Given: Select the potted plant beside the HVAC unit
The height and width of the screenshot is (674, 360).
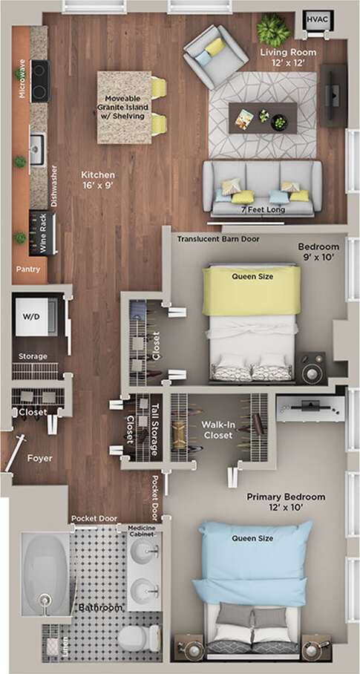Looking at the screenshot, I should [x=272, y=30].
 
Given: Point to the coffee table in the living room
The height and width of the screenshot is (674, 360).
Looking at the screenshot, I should [x=263, y=117].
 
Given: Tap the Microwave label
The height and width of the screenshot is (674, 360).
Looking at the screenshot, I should [x=20, y=73].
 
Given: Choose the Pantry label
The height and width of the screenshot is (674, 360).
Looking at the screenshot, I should [x=27, y=269].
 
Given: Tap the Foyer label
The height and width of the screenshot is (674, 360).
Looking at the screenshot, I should [x=39, y=458].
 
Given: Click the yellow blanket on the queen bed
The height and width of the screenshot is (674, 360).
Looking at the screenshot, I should [x=252, y=290].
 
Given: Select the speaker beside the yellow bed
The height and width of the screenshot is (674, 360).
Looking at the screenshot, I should [x=312, y=367].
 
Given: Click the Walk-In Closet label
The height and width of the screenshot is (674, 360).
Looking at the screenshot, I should [x=219, y=431].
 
